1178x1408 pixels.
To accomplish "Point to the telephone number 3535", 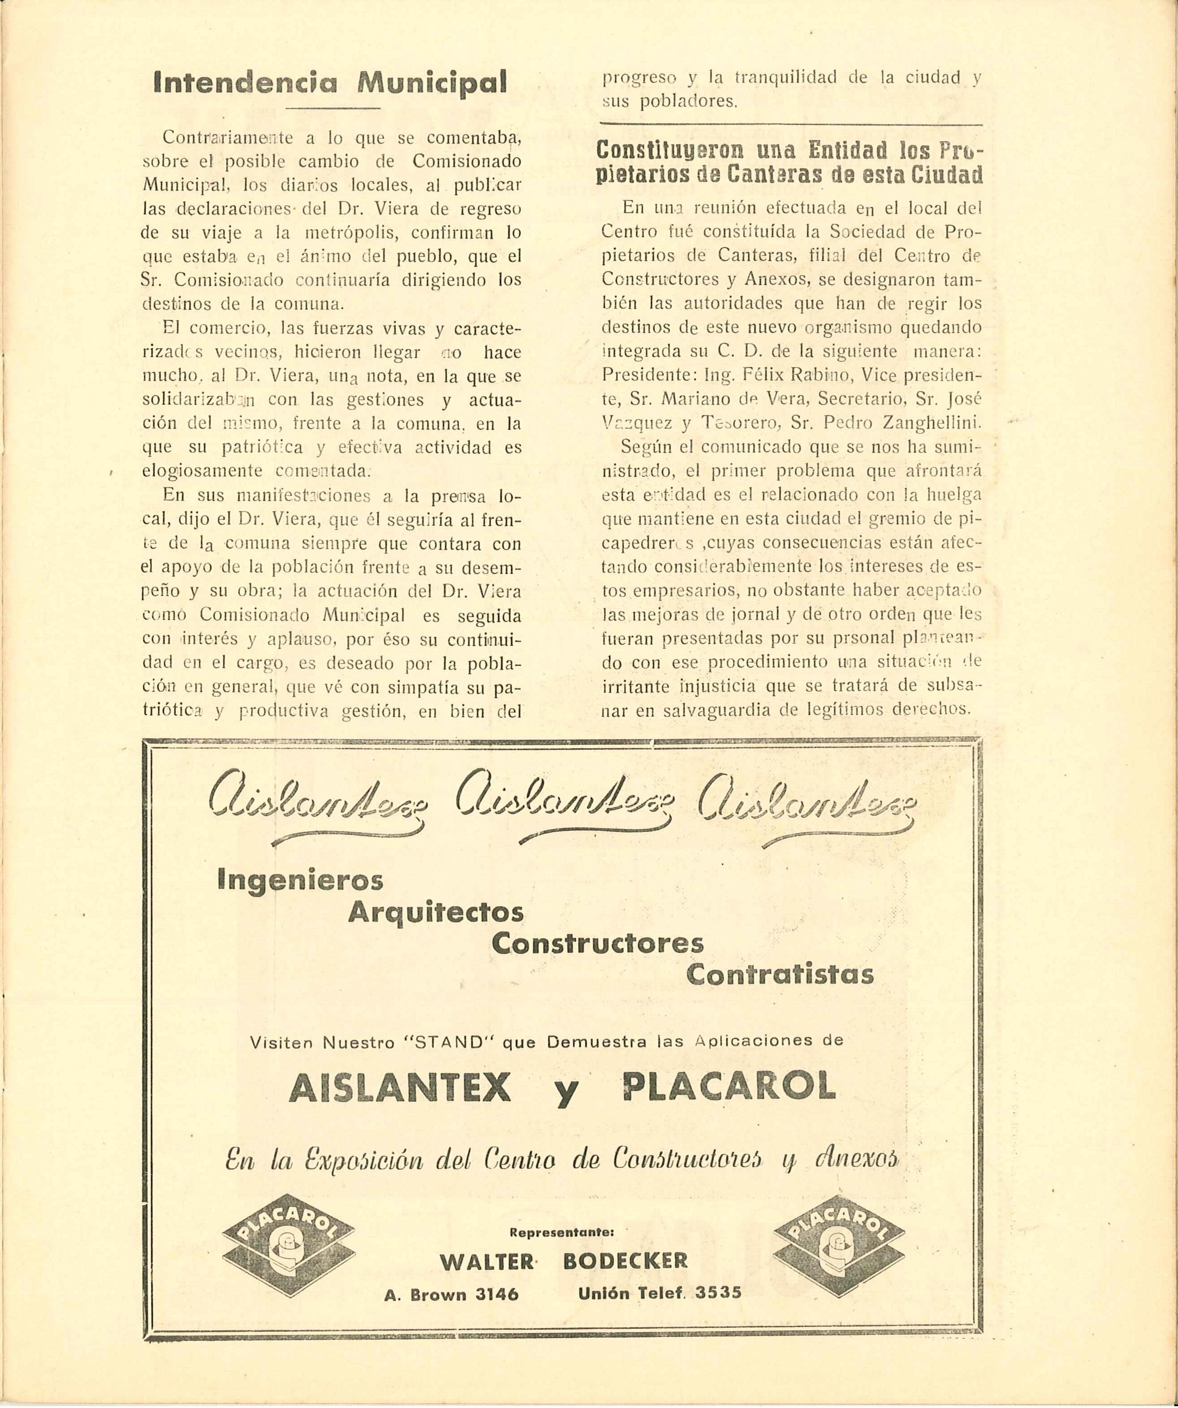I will [718, 1292].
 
